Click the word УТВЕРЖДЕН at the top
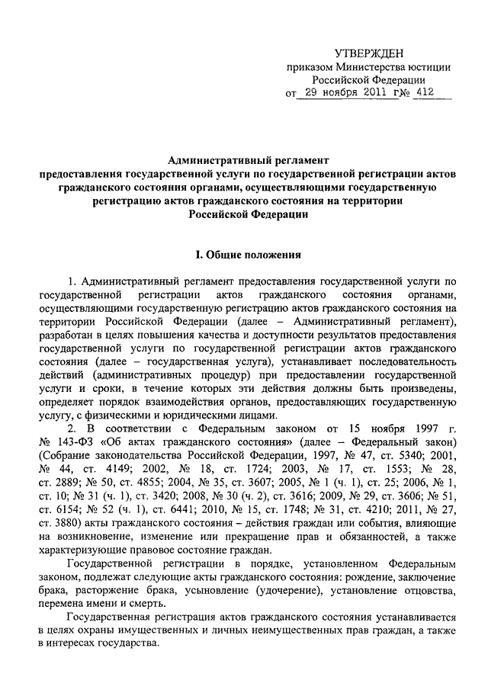click(372, 52)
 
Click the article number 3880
click(79, 525)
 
